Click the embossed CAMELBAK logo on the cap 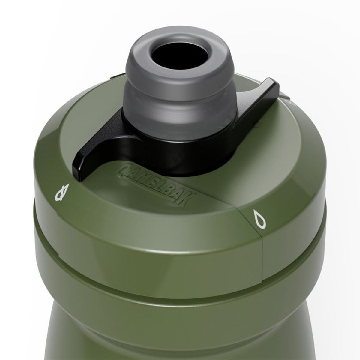point(156,183)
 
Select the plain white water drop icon point(259,219)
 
